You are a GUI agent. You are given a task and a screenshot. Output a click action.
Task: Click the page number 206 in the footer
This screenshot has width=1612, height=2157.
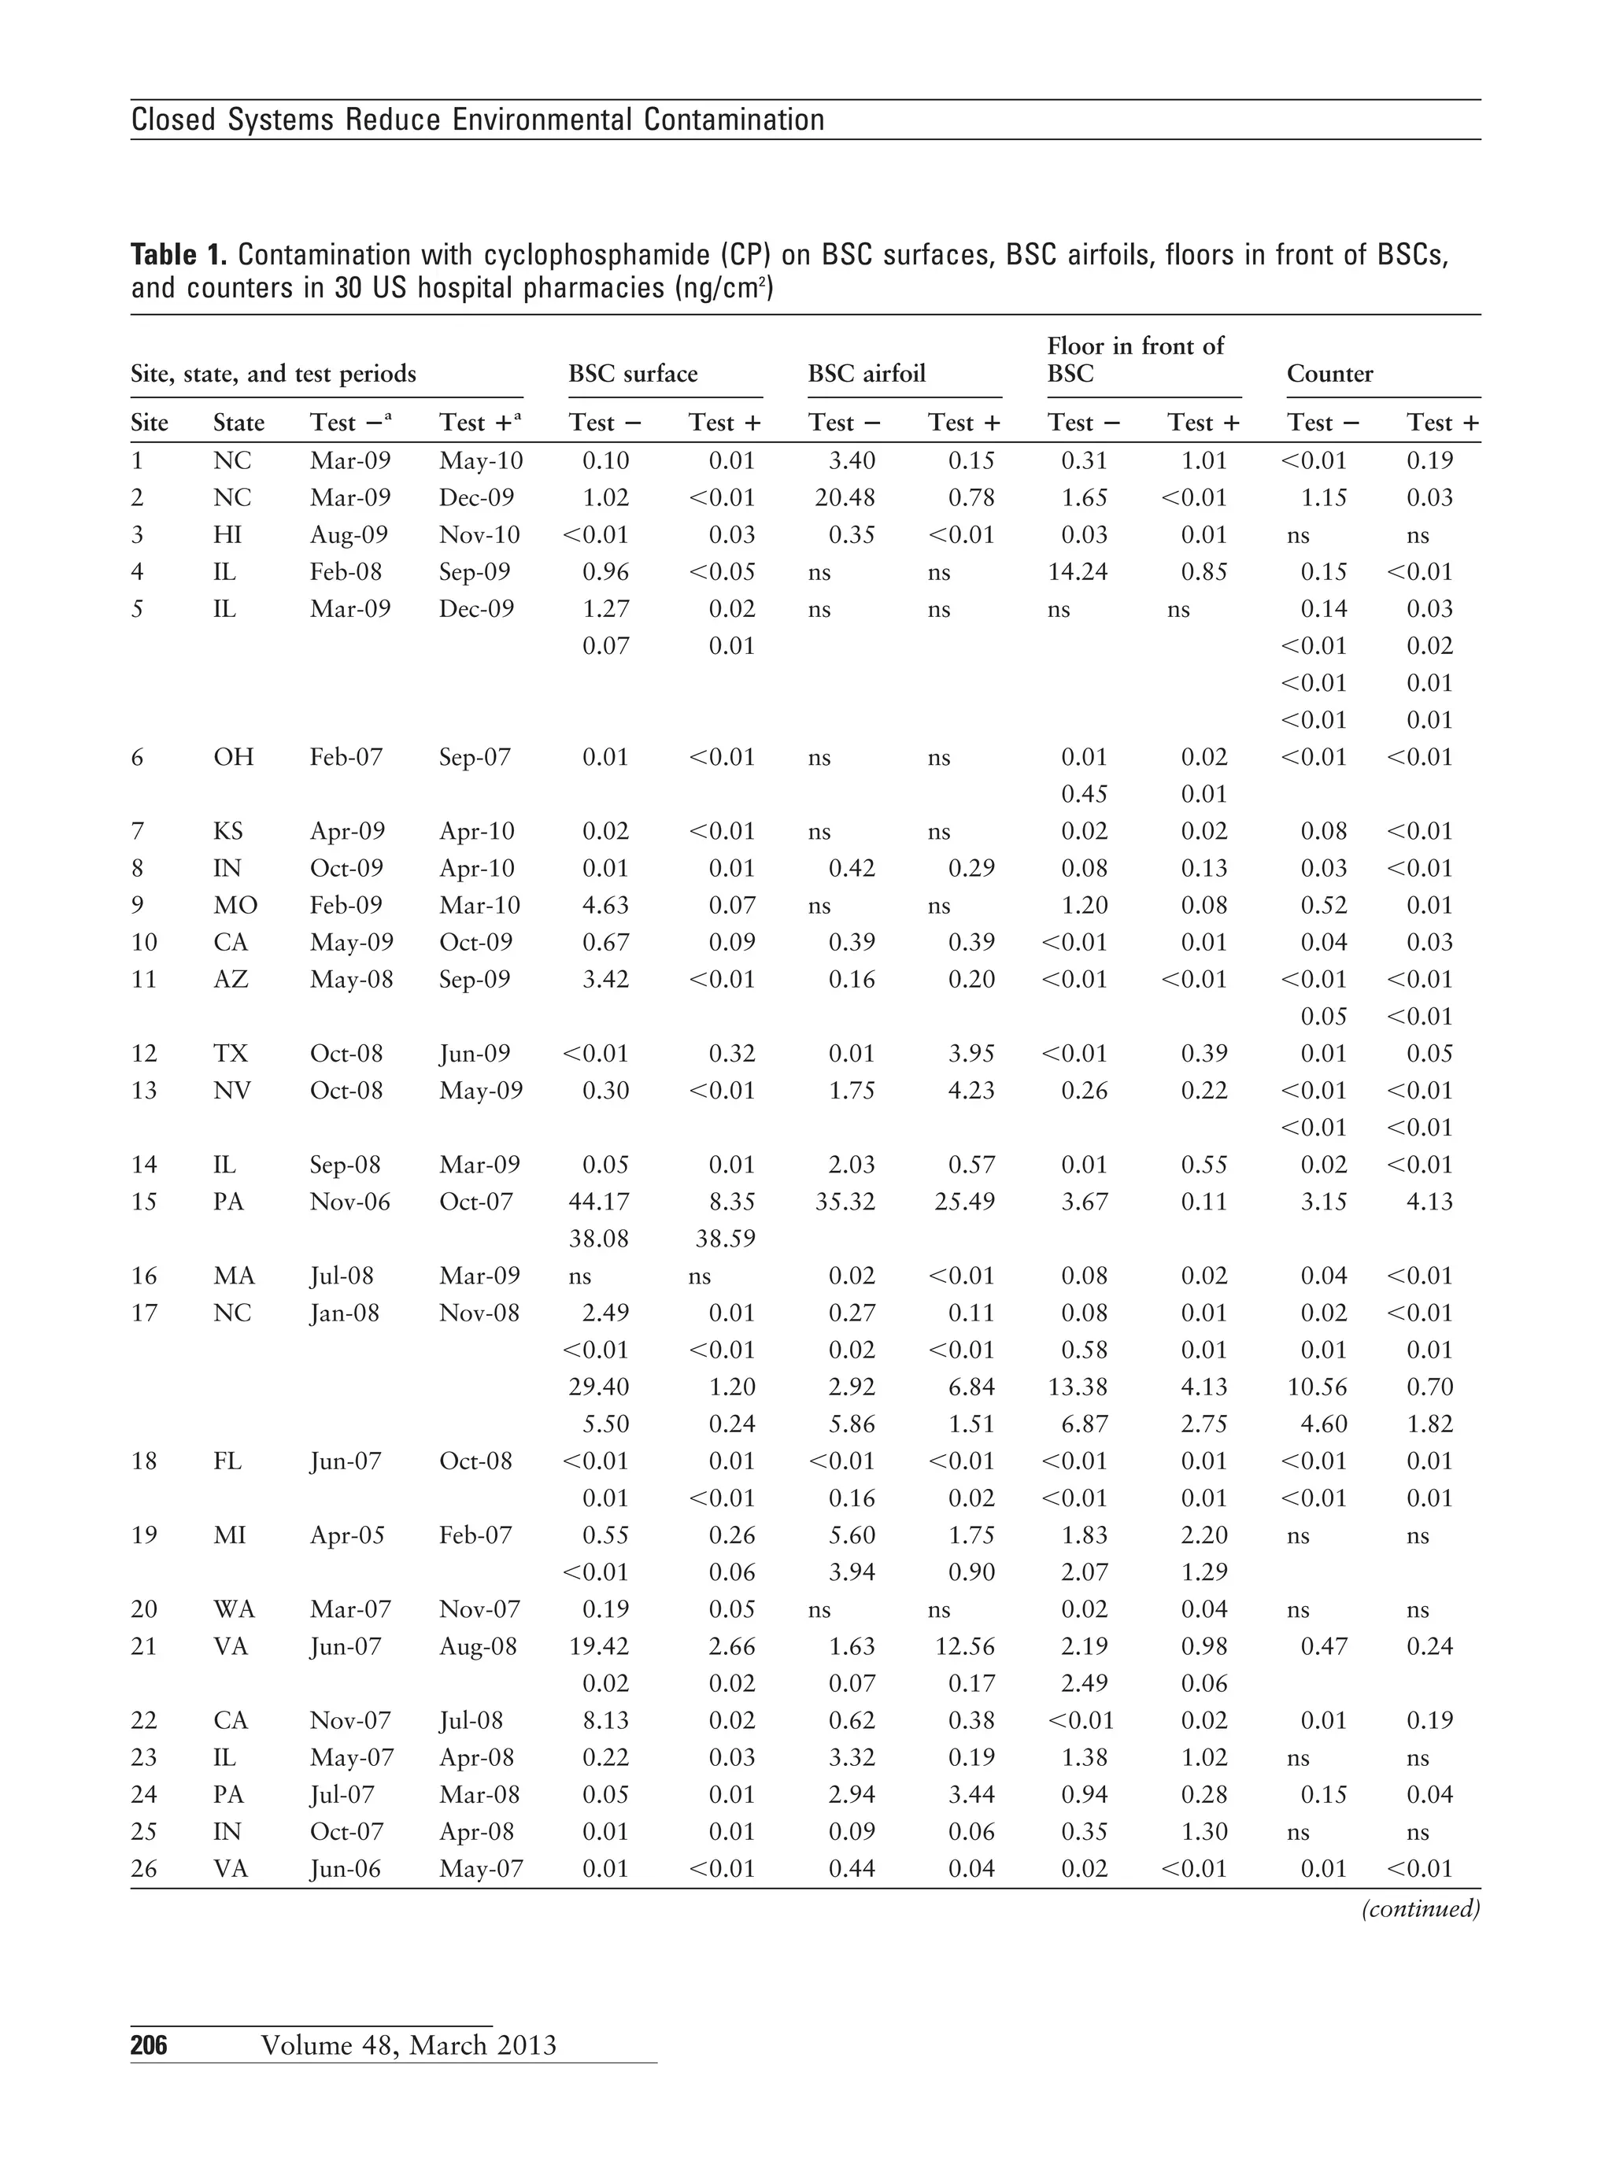tap(150, 2044)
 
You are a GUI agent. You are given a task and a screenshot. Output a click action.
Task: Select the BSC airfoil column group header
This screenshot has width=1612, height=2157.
tap(866, 374)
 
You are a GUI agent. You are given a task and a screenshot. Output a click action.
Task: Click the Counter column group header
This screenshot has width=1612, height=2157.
tap(1329, 374)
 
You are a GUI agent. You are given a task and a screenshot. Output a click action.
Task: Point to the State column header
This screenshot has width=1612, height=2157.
tap(239, 423)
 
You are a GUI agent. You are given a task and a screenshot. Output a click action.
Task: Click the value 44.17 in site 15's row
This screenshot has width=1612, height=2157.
tap(599, 1202)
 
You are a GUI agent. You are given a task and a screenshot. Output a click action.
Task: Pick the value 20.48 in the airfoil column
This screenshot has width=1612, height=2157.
tap(845, 497)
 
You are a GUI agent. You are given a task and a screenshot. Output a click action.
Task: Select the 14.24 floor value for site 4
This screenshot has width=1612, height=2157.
tap(1077, 571)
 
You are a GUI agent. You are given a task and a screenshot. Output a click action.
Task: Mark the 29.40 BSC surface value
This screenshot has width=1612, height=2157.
tap(599, 1387)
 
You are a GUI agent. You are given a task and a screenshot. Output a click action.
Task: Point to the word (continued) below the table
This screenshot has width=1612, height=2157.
tap(1420, 1908)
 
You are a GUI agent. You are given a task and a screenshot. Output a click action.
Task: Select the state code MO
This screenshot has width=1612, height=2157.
tap(235, 905)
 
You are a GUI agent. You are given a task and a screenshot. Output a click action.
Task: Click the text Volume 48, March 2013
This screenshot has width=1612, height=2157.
tap(409, 2044)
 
